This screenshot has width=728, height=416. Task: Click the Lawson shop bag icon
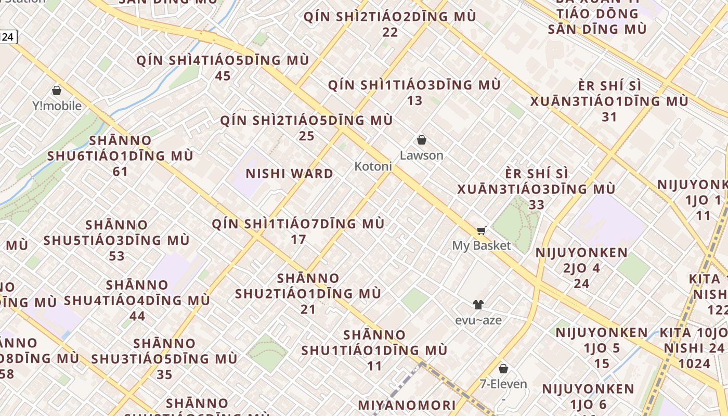[x=422, y=140]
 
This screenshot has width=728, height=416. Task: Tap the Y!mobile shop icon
[x=57, y=90]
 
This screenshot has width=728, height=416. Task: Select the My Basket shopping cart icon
[x=482, y=230]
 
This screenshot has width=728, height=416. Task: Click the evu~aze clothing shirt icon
[x=478, y=305]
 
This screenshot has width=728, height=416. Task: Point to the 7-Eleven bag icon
[x=503, y=369]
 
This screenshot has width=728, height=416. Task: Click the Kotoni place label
[x=373, y=166]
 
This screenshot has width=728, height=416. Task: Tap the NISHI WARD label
[x=289, y=174]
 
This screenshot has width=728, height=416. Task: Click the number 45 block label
[x=223, y=76]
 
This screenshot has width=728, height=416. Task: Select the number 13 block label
[x=414, y=100]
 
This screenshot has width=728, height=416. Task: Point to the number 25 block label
[x=306, y=136]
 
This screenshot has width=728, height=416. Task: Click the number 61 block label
[x=120, y=171]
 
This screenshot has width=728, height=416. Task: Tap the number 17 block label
[x=298, y=240]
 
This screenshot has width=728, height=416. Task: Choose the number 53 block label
[x=116, y=256]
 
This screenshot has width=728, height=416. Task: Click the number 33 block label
[x=536, y=204]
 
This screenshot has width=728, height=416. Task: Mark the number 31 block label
[x=609, y=117]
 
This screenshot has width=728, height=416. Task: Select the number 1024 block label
[x=694, y=363]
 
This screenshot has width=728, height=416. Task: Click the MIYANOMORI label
[x=407, y=405]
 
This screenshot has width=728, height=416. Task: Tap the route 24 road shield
[x=8, y=37]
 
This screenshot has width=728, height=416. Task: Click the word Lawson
[x=421, y=155]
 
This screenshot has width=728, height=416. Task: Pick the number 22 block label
[x=390, y=32]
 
